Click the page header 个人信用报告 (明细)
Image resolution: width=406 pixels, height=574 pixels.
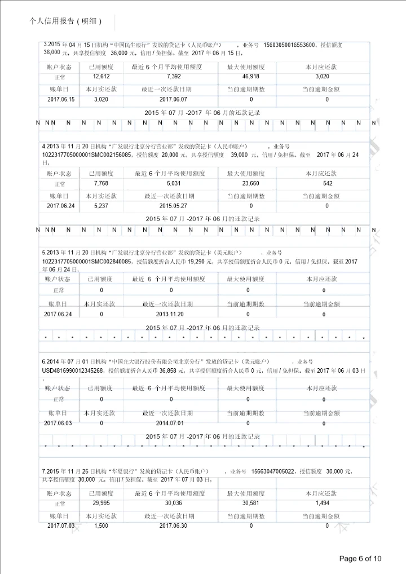pyautogui.click(x=65, y=21)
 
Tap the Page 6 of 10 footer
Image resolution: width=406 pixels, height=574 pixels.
pyautogui.click(x=360, y=558)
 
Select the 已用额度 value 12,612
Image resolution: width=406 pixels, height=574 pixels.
pyautogui.click(x=101, y=76)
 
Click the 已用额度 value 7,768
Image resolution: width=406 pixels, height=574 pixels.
pyautogui.click(x=101, y=183)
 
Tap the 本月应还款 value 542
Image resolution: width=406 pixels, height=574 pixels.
pyautogui.click(x=328, y=183)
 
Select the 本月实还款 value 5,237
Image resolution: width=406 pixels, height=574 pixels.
pyautogui.click(x=101, y=206)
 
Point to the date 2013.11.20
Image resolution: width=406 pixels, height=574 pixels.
pyautogui.click(x=170, y=314)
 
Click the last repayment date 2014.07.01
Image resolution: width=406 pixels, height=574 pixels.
pyautogui.click(x=170, y=422)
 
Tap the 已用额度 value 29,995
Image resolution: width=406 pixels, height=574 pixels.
pyautogui.click(x=101, y=503)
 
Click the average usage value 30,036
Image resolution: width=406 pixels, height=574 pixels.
pyautogui.click(x=174, y=503)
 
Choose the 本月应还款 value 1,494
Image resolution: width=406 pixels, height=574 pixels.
pyautogui.click(x=323, y=503)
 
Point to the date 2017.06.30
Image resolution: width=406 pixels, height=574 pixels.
pyautogui.click(x=174, y=526)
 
